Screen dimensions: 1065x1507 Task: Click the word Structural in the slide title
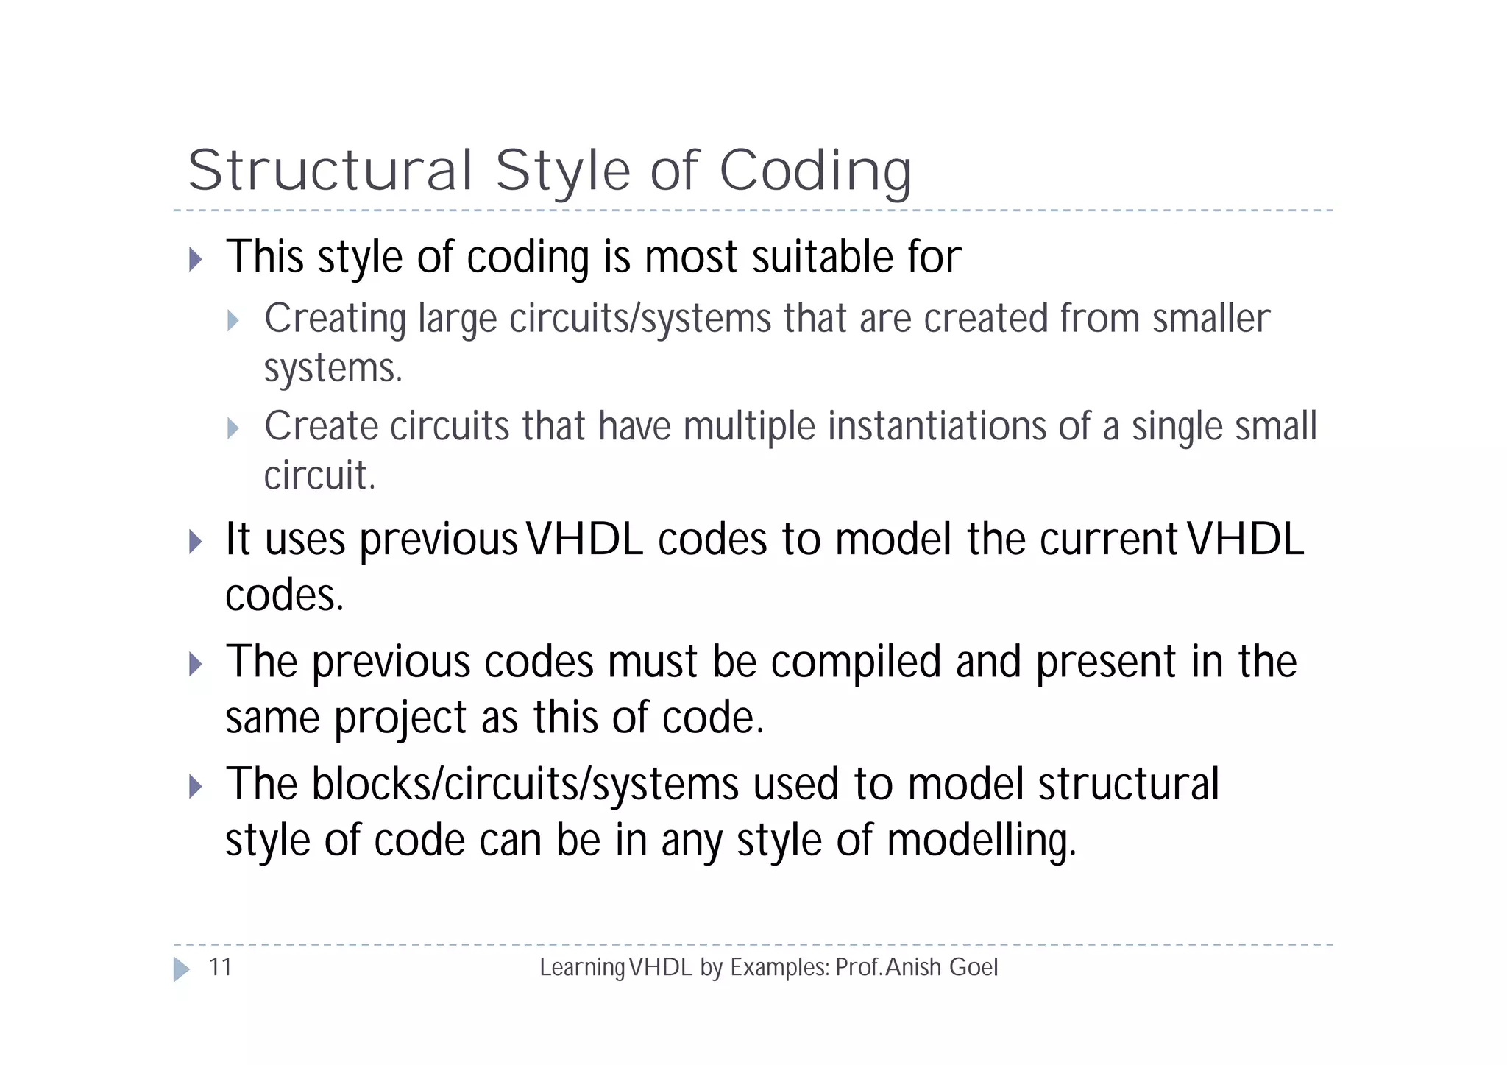330,171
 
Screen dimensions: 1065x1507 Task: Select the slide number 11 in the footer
221,967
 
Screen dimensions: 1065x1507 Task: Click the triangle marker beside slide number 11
181,969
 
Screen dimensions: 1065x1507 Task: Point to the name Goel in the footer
974,967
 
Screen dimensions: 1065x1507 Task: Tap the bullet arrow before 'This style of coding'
195,259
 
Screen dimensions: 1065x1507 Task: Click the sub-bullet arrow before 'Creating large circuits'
233,320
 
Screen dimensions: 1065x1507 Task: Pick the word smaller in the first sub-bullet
1210,319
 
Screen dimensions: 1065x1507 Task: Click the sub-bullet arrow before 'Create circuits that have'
233,428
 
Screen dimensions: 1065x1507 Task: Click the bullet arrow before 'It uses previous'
195,542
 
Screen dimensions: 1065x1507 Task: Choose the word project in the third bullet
400,718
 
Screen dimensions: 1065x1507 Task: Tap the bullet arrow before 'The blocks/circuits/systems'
195,786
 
